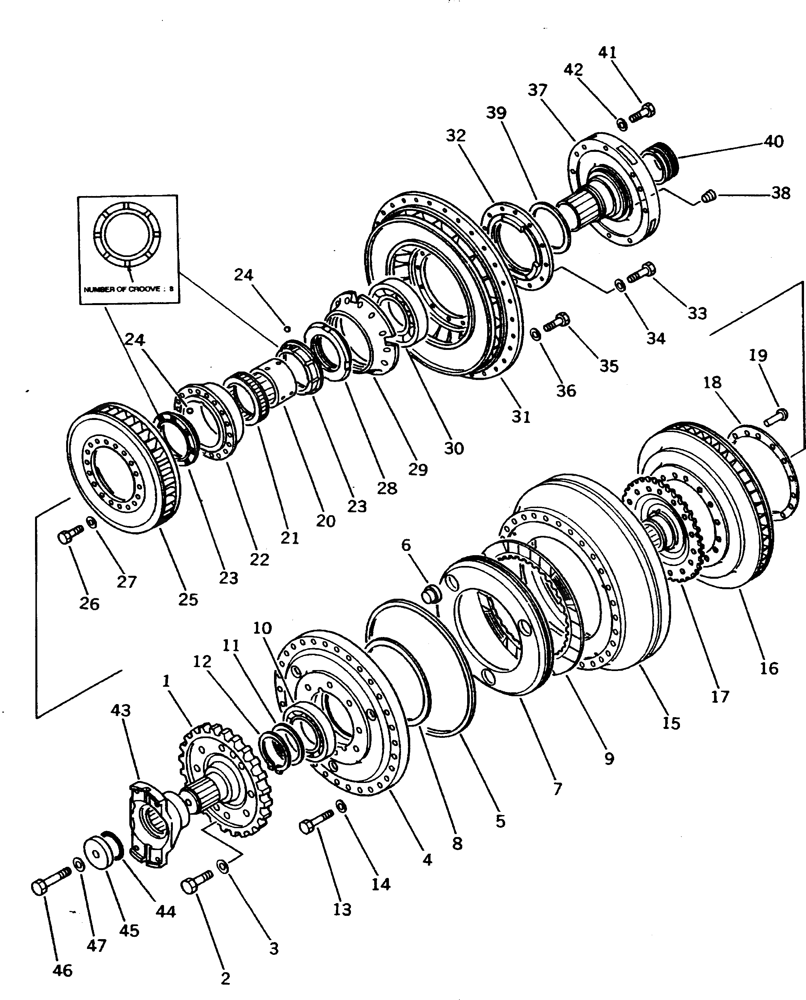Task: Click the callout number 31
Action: (x=521, y=417)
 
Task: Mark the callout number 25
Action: (x=188, y=599)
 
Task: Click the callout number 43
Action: (x=120, y=710)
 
